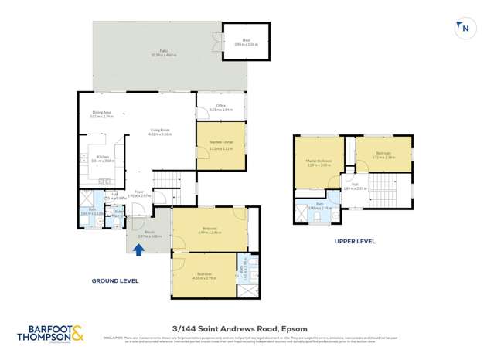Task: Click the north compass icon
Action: click(463, 29)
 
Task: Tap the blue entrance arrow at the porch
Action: click(139, 250)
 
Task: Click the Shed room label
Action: click(246, 42)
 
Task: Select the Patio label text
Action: click(154, 53)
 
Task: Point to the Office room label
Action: click(220, 107)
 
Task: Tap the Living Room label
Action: click(160, 132)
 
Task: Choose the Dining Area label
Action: click(102, 114)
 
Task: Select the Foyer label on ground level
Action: click(139, 193)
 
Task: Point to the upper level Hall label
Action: click(355, 185)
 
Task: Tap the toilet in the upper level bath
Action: click(317, 218)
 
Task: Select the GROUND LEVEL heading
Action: click(115, 280)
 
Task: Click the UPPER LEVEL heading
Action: click(354, 241)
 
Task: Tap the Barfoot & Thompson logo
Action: click(51, 333)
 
